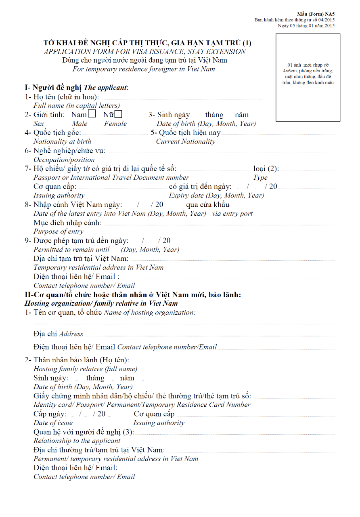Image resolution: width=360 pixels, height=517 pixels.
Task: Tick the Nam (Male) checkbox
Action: [92, 114]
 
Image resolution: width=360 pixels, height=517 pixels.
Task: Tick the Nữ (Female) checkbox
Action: [118, 114]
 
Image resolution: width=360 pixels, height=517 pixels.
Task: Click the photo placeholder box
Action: [308, 77]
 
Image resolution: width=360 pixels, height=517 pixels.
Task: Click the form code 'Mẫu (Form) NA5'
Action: [316, 14]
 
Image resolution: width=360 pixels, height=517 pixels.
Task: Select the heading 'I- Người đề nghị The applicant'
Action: [76, 87]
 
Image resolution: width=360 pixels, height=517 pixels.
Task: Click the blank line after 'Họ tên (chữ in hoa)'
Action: [182, 98]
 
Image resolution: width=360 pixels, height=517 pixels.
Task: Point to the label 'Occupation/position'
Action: [64, 160]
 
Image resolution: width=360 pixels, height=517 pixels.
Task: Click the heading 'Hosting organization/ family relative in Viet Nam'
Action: [101, 303]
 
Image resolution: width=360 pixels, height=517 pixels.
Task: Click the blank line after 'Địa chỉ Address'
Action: [210, 335]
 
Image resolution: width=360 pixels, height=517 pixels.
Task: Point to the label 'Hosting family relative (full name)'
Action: [85, 369]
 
